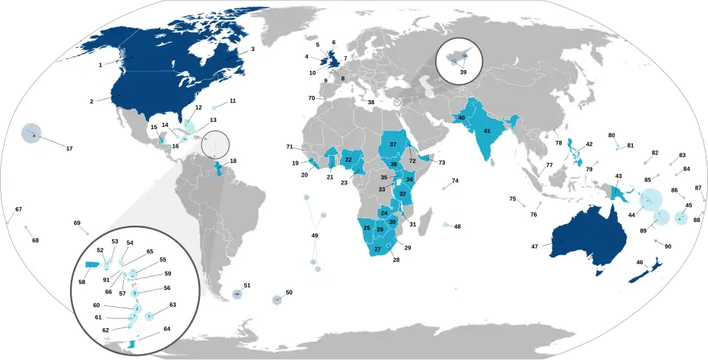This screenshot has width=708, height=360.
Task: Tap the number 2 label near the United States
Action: click(91, 101)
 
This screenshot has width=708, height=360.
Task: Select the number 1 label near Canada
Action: click(100, 65)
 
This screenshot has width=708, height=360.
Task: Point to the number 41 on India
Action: click(487, 130)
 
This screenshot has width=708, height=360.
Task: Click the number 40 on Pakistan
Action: click(462, 117)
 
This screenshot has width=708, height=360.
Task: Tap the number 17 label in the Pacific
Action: click(69, 149)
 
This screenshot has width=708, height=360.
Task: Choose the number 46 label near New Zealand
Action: click(639, 263)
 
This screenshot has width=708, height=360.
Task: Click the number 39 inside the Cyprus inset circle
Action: click(462, 72)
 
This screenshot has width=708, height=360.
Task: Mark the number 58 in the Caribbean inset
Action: click(82, 282)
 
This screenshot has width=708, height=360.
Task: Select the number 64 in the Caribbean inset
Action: click(167, 329)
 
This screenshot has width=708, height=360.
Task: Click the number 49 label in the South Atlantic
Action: click(315, 235)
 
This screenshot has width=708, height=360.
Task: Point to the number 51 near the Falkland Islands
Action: click(247, 285)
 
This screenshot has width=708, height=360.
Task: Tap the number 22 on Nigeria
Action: click(348, 160)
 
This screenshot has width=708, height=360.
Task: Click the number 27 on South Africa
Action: click(378, 249)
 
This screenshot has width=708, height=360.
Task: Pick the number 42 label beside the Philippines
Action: click(589, 145)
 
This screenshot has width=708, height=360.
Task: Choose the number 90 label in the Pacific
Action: click(668, 246)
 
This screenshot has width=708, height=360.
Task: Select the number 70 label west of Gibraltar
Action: click(311, 98)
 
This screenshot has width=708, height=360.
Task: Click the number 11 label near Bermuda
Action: click(232, 100)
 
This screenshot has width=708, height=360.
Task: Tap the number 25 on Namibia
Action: click(367, 227)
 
